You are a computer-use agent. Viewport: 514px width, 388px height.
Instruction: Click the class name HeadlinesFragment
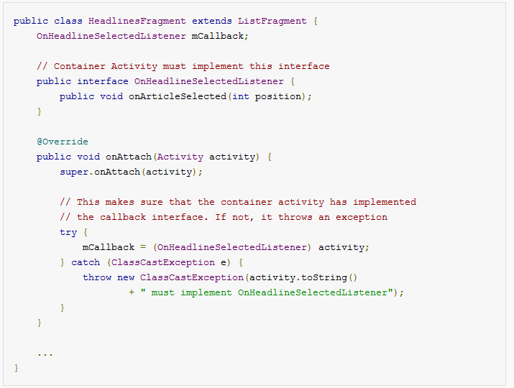(137, 22)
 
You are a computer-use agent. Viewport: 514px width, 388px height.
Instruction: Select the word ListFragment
(272, 22)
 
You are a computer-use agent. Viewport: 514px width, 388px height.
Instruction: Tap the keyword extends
(212, 22)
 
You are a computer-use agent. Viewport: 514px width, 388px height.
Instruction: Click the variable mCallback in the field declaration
(218, 36)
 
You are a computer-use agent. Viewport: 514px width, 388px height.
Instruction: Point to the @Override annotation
(63, 142)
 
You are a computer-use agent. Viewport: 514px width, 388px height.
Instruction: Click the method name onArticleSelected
(178, 96)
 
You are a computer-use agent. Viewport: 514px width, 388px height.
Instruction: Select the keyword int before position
(241, 96)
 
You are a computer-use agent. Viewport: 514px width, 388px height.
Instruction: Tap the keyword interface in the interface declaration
(103, 81)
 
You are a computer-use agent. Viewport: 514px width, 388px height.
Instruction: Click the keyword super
(74, 172)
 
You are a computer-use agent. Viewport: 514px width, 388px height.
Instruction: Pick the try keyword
(68, 233)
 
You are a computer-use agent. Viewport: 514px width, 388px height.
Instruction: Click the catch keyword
(86, 262)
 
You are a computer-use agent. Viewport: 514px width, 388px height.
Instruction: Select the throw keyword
(97, 277)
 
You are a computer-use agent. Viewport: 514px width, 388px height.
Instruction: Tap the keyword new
(126, 278)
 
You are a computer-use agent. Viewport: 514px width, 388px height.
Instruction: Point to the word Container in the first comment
(80, 66)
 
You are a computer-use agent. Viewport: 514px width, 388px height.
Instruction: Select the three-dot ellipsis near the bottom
(45, 354)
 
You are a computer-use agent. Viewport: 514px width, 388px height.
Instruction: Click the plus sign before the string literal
(132, 292)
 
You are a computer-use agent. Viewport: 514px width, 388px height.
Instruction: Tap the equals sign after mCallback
(143, 247)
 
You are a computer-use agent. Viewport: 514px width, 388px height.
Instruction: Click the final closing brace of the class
(17, 368)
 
